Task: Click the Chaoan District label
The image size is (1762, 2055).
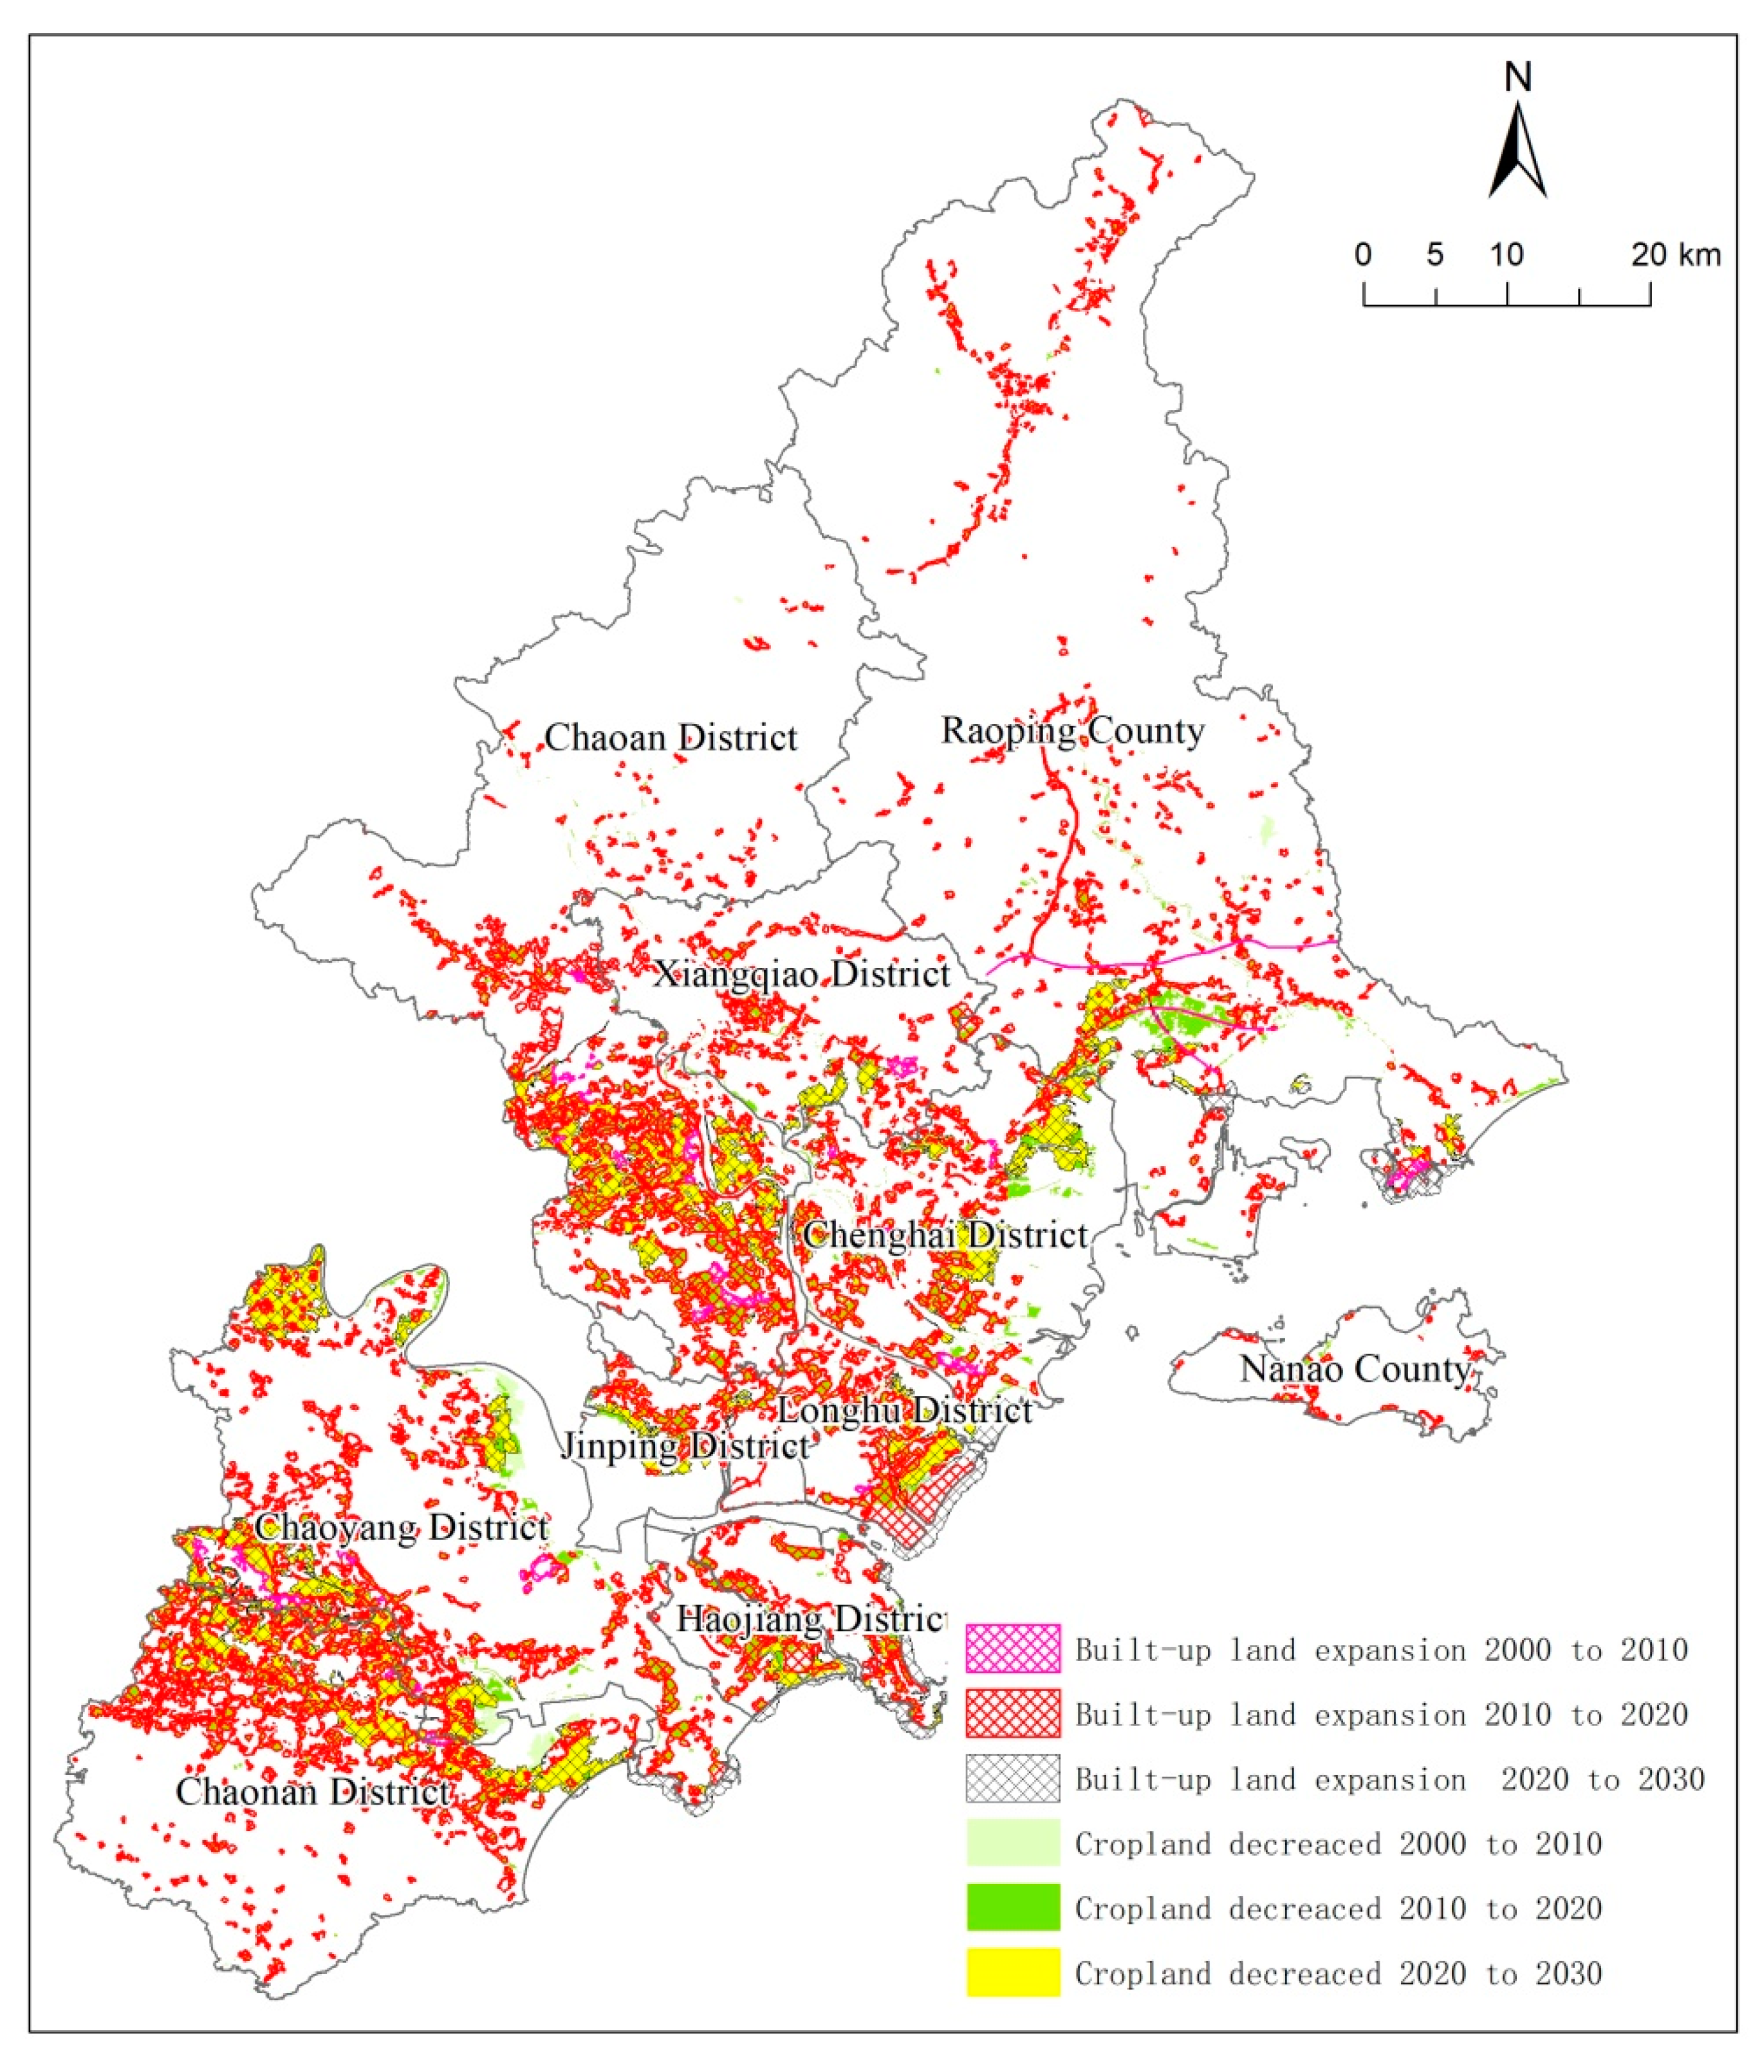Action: (671, 738)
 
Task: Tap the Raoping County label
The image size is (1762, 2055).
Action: (1072, 731)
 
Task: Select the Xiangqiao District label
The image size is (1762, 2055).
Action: (801, 974)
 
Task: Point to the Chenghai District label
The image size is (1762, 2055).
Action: (945, 1236)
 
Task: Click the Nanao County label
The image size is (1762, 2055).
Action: (1355, 1370)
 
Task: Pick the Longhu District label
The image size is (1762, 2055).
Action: (904, 1410)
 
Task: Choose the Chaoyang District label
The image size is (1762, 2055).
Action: (402, 1527)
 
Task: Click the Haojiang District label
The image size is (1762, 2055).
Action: (810, 1619)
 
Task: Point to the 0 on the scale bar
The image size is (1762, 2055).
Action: (1364, 255)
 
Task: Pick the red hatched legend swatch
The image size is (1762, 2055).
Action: (1012, 1714)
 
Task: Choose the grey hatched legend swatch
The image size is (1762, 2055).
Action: (1012, 1778)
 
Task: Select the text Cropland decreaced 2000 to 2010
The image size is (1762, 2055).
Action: (1338, 1844)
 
